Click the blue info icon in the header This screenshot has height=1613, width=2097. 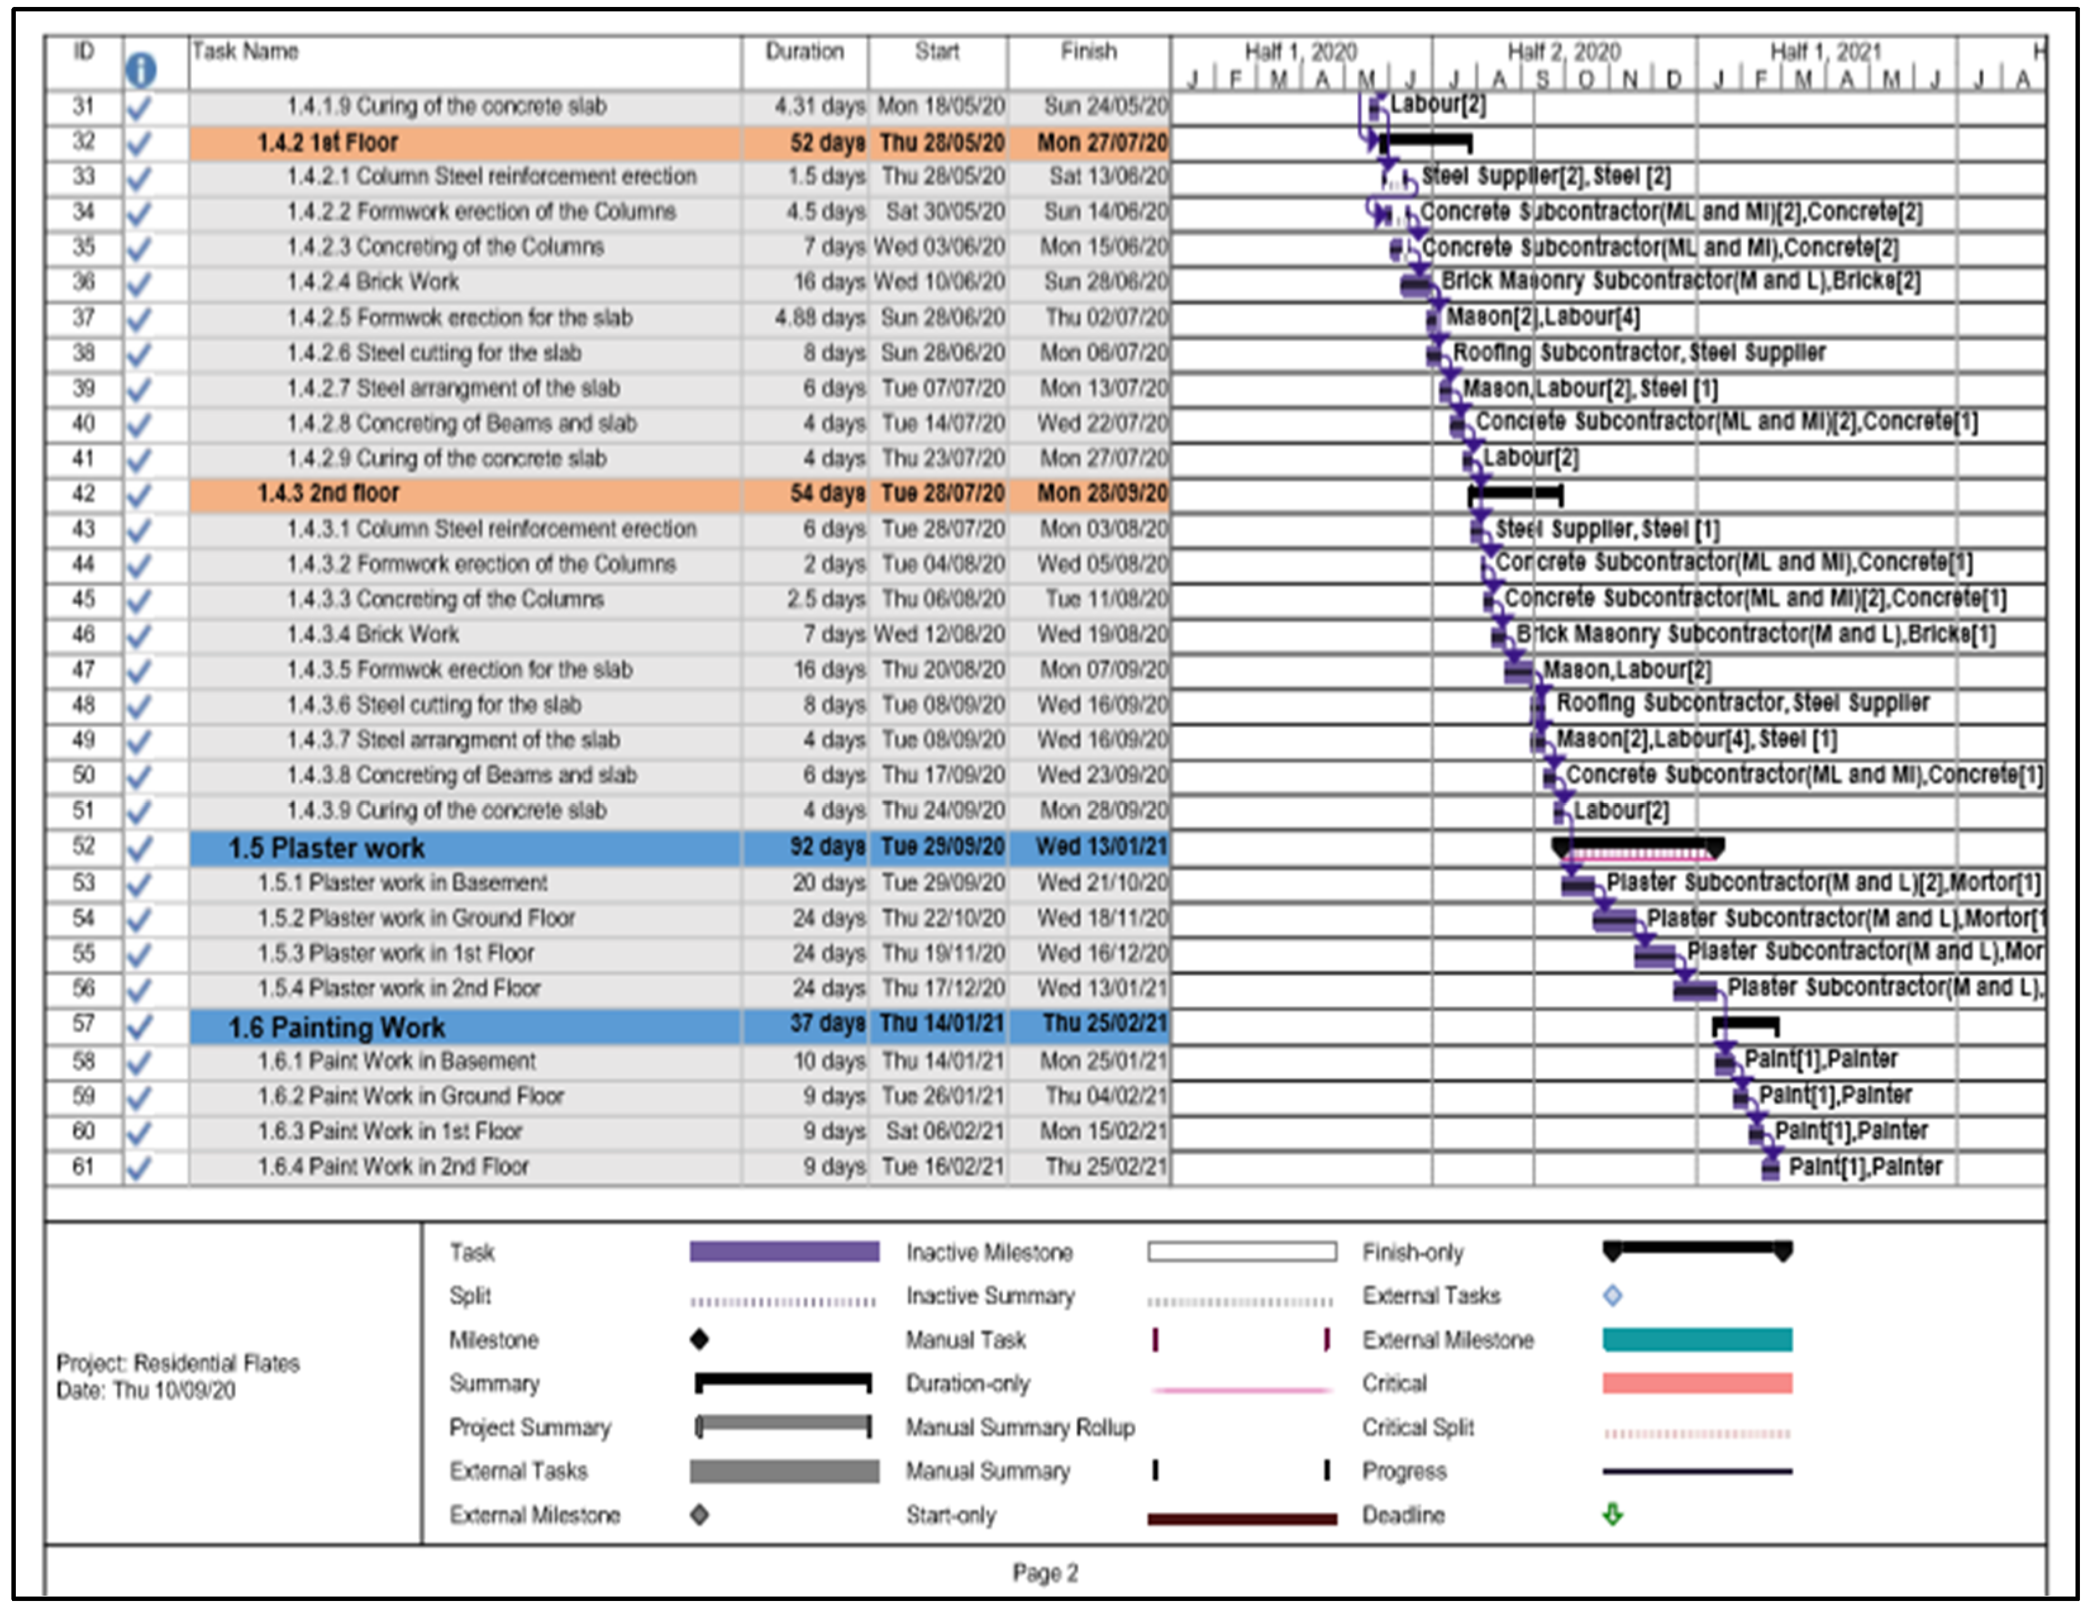pos(140,69)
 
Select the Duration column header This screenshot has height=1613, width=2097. pos(804,52)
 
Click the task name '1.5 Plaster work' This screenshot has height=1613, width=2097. pos(327,849)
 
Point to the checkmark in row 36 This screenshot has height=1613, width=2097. pos(139,283)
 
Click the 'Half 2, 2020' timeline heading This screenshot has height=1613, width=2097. pos(1563,52)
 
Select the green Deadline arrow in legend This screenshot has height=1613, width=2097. pos(1613,1515)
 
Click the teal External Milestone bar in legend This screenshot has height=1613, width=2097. pos(1696,1340)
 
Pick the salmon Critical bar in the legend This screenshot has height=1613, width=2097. pos(1696,1383)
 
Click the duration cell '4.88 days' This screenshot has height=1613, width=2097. pos(819,318)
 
